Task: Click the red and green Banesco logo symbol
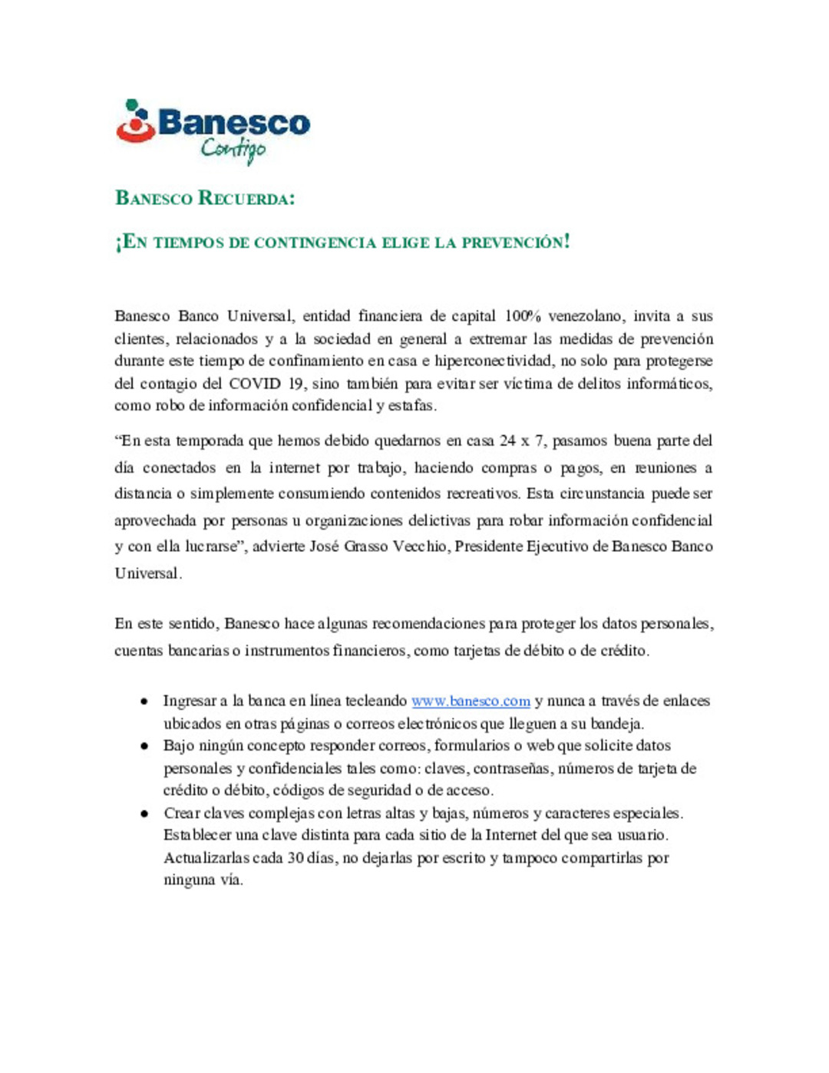[x=136, y=122]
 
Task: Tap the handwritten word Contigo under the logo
[x=233, y=149]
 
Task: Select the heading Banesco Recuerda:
[x=205, y=198]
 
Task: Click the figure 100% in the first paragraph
[x=523, y=316]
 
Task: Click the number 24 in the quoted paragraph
[x=507, y=441]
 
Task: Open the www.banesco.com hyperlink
[x=471, y=701]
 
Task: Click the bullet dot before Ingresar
[x=144, y=702]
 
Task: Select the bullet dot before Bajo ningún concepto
[x=144, y=746]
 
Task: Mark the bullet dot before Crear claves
[x=144, y=814]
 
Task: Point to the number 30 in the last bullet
[x=296, y=858]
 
